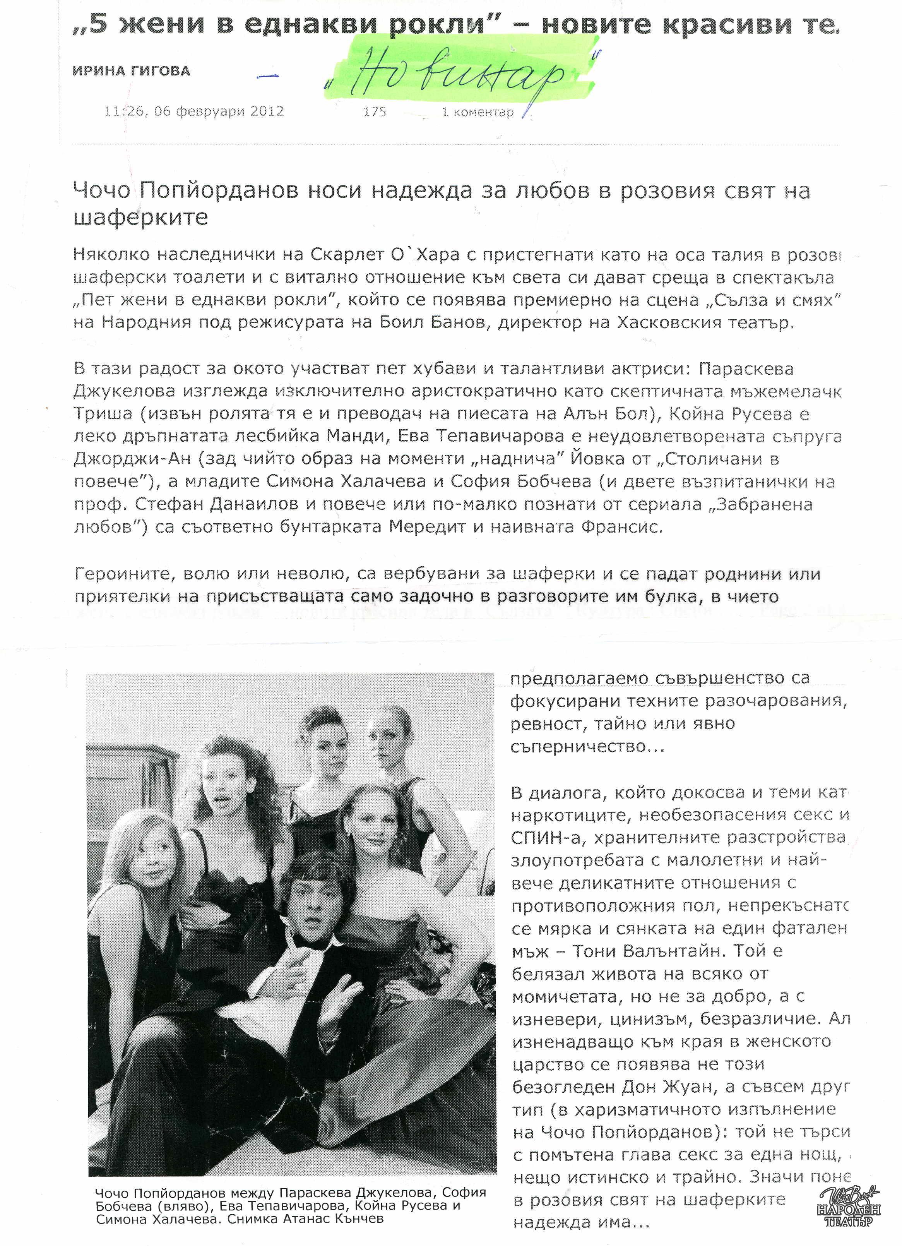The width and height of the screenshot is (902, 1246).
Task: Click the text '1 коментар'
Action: [477, 112]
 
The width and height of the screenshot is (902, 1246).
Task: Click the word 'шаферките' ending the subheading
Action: [140, 218]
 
